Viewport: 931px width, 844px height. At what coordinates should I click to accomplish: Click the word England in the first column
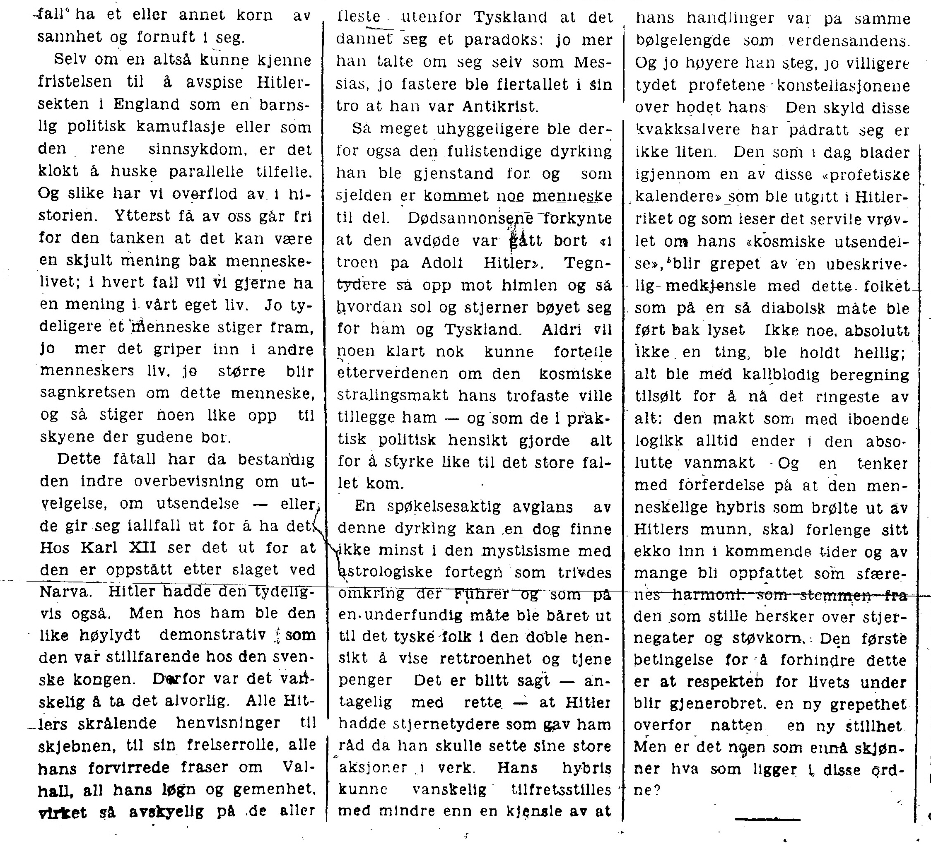pos(146,105)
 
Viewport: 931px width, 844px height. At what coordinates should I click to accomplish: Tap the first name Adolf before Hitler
pos(442,262)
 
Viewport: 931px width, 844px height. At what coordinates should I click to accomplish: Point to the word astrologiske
pos(385,572)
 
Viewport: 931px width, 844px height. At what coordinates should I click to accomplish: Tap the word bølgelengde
pos(683,41)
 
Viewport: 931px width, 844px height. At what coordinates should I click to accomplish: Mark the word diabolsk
pos(795,308)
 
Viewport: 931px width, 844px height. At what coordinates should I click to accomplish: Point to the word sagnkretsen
pos(88,393)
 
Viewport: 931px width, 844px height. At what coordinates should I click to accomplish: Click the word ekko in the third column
pos(649,552)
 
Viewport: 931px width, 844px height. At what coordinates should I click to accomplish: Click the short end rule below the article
pos(767,820)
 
